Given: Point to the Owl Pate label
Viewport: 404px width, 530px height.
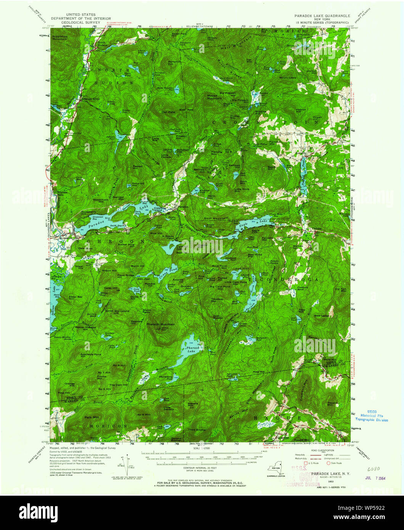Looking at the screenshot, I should [168, 112].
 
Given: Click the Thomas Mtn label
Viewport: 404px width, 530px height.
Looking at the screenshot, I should [332, 404].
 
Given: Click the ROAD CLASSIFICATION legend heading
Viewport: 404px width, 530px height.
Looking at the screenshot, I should [319, 451].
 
